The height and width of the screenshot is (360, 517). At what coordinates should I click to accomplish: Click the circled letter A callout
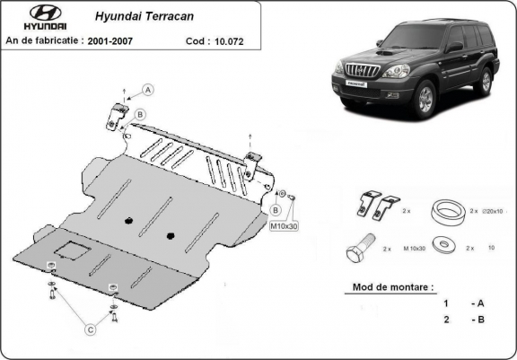click(148, 88)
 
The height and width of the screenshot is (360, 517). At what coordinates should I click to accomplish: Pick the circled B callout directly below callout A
click(141, 112)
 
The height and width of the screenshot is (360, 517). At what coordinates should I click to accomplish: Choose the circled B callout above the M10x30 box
click(276, 208)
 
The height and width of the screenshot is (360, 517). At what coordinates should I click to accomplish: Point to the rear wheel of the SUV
click(486, 83)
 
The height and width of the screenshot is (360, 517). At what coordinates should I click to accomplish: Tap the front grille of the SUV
click(356, 74)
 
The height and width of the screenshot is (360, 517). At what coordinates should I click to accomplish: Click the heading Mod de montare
click(388, 287)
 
